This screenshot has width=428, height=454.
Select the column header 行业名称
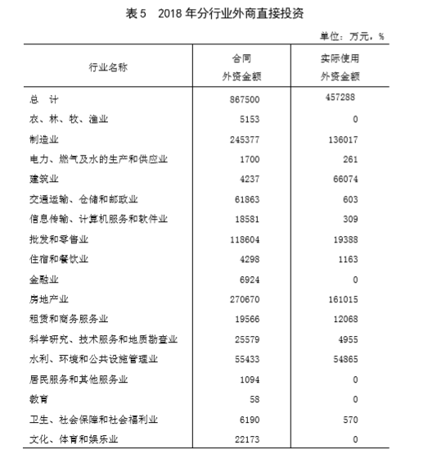(x=106, y=68)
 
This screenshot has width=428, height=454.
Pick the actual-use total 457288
(x=344, y=98)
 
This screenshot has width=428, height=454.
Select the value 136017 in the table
(x=344, y=139)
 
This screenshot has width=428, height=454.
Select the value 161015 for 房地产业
(x=344, y=299)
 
